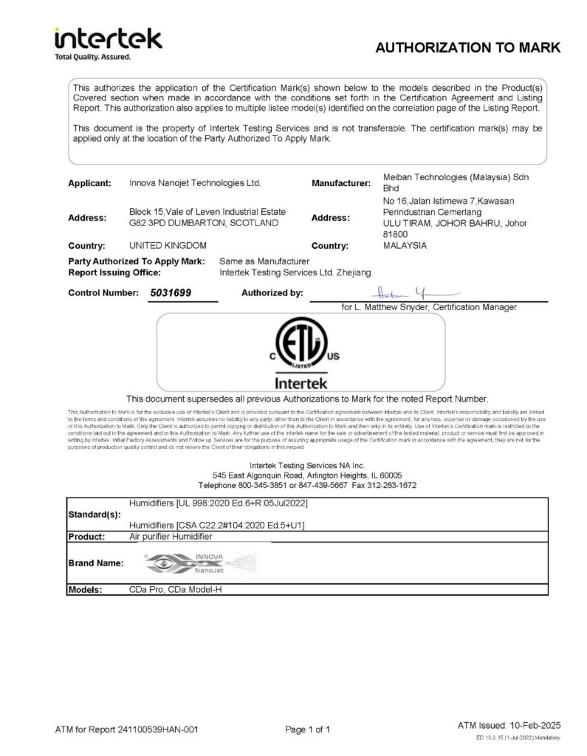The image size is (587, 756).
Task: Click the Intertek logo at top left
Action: tap(107, 43)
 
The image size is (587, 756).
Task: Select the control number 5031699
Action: tap(171, 293)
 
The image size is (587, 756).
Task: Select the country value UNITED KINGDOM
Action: tap(168, 244)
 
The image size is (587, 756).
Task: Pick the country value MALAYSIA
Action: tap(405, 244)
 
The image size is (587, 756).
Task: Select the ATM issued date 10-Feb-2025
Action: tap(532, 726)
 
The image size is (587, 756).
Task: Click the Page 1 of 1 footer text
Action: tap(308, 729)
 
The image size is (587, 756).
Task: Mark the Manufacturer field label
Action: tap(340, 183)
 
